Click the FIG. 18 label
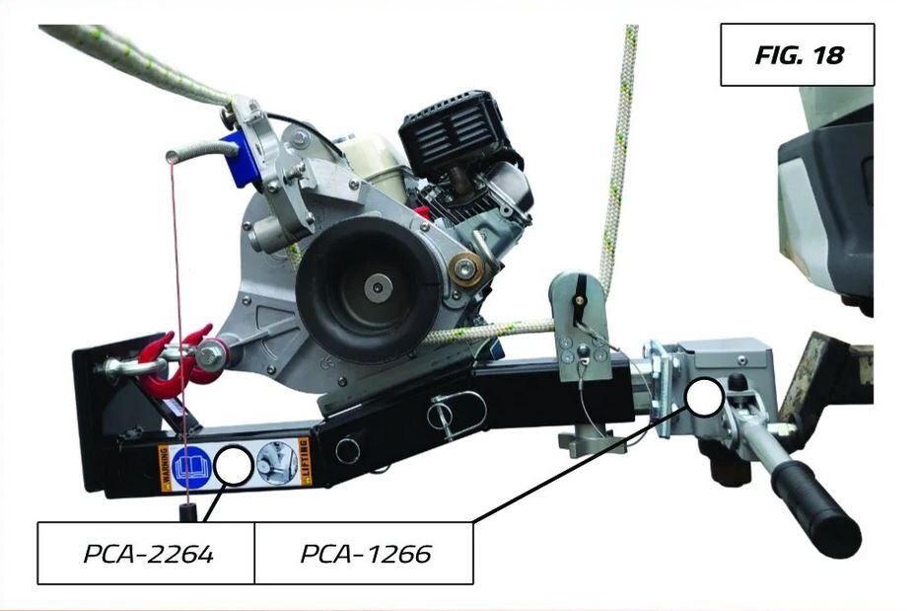tap(797, 55)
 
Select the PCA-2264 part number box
tap(146, 553)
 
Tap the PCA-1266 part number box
tap(364, 553)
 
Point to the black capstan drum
tap(368, 290)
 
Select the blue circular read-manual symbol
tap(191, 466)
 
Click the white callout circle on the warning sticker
tap(234, 465)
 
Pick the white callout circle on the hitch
tap(705, 397)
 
